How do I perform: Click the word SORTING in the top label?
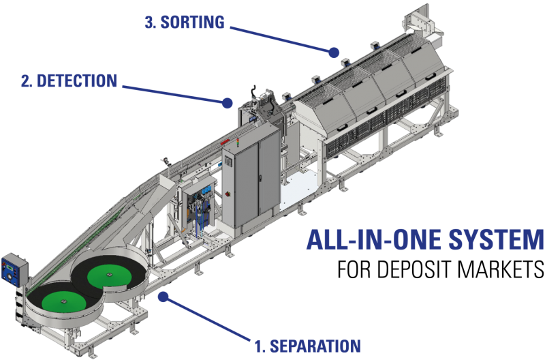(193, 22)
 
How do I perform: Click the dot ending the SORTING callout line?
(334, 51)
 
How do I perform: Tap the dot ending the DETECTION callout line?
(226, 103)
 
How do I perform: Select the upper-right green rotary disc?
(109, 276)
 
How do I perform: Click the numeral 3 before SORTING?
(149, 22)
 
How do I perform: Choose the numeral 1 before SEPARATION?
(258, 346)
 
